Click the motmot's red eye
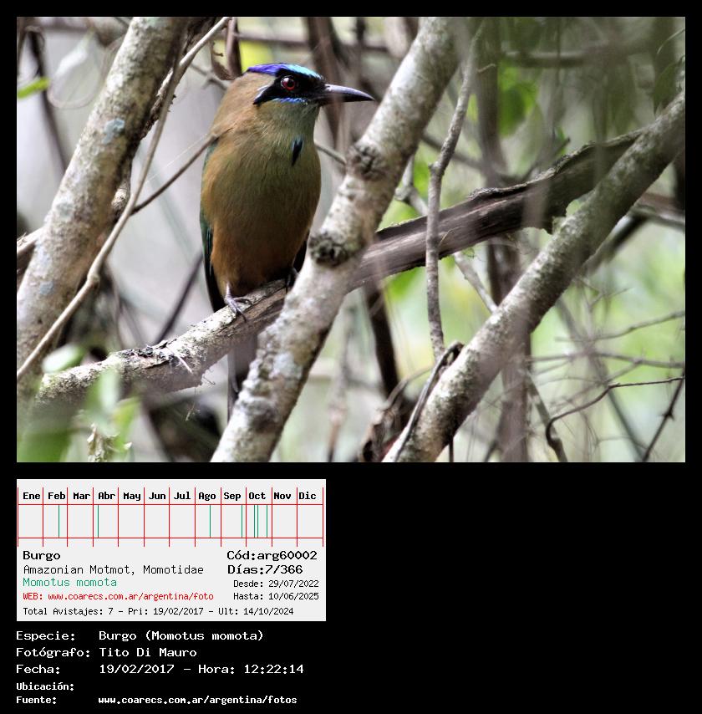coord(288,83)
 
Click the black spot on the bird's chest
coord(297,150)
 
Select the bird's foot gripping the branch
coord(237,304)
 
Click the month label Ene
coord(32,496)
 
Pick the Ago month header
coord(206,496)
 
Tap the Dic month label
coord(308,496)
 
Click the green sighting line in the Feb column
coord(58,521)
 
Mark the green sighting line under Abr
coord(98,521)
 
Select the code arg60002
coord(287,555)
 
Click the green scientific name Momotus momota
coord(69,582)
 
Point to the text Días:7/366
coord(265,569)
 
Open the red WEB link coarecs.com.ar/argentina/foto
coord(130,596)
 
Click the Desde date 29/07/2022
coord(293,584)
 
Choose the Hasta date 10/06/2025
coord(293,596)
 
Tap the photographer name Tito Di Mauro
coord(148,652)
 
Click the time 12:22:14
coord(273,669)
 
